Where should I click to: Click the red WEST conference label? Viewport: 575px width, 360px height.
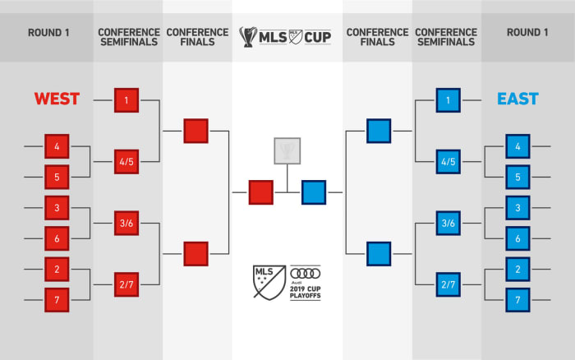[57, 99]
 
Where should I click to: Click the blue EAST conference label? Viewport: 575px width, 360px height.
[517, 99]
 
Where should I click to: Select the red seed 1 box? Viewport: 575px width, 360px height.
[126, 100]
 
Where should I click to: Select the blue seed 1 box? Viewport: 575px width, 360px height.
[448, 100]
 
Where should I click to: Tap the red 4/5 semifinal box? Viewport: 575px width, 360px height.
[126, 162]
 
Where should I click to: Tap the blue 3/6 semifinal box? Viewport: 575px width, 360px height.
[448, 223]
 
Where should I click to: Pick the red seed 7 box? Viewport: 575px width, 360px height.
[57, 299]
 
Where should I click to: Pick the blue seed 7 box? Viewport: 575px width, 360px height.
[517, 299]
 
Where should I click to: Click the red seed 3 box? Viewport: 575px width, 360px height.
[57, 208]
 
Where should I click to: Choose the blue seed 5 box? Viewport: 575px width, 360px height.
[517, 177]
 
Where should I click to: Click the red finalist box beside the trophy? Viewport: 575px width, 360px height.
[261, 192]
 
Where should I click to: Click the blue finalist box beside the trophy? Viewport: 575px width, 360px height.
[314, 192]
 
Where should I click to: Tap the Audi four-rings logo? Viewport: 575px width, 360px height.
[306, 274]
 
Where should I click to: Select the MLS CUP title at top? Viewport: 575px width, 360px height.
[287, 36]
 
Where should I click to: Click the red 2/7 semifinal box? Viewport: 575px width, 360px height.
[126, 284]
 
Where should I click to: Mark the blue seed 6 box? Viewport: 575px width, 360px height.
[517, 238]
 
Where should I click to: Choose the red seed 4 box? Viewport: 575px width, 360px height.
[57, 146]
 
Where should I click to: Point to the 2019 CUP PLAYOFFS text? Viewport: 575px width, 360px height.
[306, 292]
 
